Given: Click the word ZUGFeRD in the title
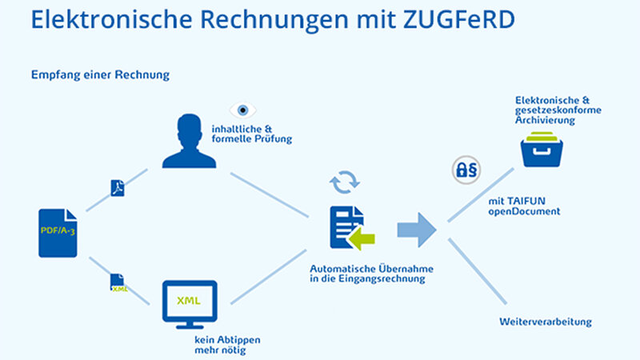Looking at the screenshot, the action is pyautogui.click(x=459, y=19).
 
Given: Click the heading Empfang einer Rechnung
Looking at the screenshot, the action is pyautogui.click(x=101, y=75).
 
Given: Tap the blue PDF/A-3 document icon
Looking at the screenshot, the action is pyautogui.click(x=58, y=233).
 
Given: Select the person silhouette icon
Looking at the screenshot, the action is pyautogui.click(x=189, y=141).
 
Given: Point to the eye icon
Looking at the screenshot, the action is pyautogui.click(x=243, y=110).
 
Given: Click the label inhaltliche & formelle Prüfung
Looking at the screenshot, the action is pyautogui.click(x=252, y=134).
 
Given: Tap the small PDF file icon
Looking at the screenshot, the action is pyautogui.click(x=118, y=188).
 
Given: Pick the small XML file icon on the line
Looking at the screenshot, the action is pyautogui.click(x=118, y=282).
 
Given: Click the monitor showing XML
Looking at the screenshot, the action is pyautogui.click(x=190, y=305).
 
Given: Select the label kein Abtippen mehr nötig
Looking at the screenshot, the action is pyautogui.click(x=227, y=345).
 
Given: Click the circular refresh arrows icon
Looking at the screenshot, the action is pyautogui.click(x=345, y=182).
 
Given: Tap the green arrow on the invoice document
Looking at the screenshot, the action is pyautogui.click(x=362, y=238).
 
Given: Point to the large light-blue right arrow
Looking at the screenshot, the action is pyautogui.click(x=417, y=230).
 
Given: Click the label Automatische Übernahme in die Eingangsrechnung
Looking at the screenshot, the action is pyautogui.click(x=371, y=274).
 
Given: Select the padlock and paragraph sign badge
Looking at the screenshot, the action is pyautogui.click(x=466, y=170).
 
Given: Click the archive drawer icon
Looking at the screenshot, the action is pyautogui.click(x=542, y=150).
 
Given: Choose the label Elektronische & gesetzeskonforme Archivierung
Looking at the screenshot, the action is pyautogui.click(x=558, y=110).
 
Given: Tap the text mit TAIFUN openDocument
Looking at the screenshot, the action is pyautogui.click(x=524, y=206).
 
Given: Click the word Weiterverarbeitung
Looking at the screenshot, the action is pyautogui.click(x=546, y=322).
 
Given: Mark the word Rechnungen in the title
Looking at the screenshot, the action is pyautogui.click(x=274, y=20).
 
